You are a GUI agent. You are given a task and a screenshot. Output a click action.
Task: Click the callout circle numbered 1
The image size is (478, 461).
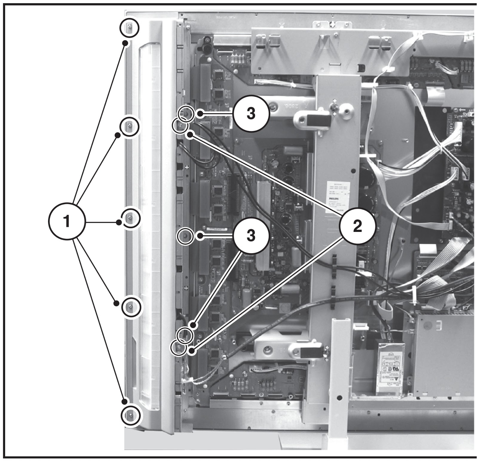pyautogui.click(x=67, y=222)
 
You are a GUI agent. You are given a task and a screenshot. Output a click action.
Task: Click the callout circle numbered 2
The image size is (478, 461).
pyautogui.click(x=357, y=226)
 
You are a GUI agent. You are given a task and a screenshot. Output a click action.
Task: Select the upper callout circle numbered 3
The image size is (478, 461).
pyautogui.click(x=251, y=113)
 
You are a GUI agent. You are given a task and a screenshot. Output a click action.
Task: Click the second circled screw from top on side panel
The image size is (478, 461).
pyautogui.click(x=129, y=126)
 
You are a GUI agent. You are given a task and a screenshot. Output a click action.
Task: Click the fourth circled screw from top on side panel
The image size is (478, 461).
pyautogui.click(x=131, y=306)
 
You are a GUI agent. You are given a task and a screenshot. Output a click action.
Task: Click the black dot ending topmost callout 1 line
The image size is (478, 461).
pyautogui.click(x=126, y=44)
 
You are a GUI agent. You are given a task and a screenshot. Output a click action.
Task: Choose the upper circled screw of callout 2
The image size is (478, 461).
pyautogui.click(x=180, y=126)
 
